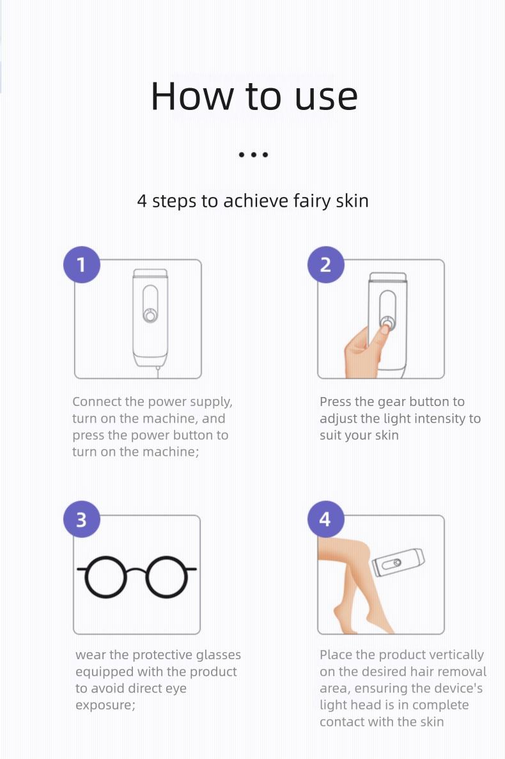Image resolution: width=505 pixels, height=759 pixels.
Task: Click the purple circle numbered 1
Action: [82, 264]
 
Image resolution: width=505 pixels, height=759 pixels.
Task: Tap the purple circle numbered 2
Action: [325, 264]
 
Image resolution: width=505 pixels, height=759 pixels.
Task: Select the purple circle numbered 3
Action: [82, 519]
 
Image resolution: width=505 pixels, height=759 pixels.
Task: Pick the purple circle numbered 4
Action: [325, 519]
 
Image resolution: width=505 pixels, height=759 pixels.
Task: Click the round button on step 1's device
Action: [150, 316]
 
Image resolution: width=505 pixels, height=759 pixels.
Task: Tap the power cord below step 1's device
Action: [157, 372]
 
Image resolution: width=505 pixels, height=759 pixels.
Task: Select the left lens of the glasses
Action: [105, 577]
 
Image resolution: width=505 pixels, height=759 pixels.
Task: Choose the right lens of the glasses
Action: [167, 577]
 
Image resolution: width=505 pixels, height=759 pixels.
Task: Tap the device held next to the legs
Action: [398, 563]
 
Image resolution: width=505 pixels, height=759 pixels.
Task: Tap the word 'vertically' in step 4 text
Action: [456, 655]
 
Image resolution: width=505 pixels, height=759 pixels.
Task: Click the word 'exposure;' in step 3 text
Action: [105, 706]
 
